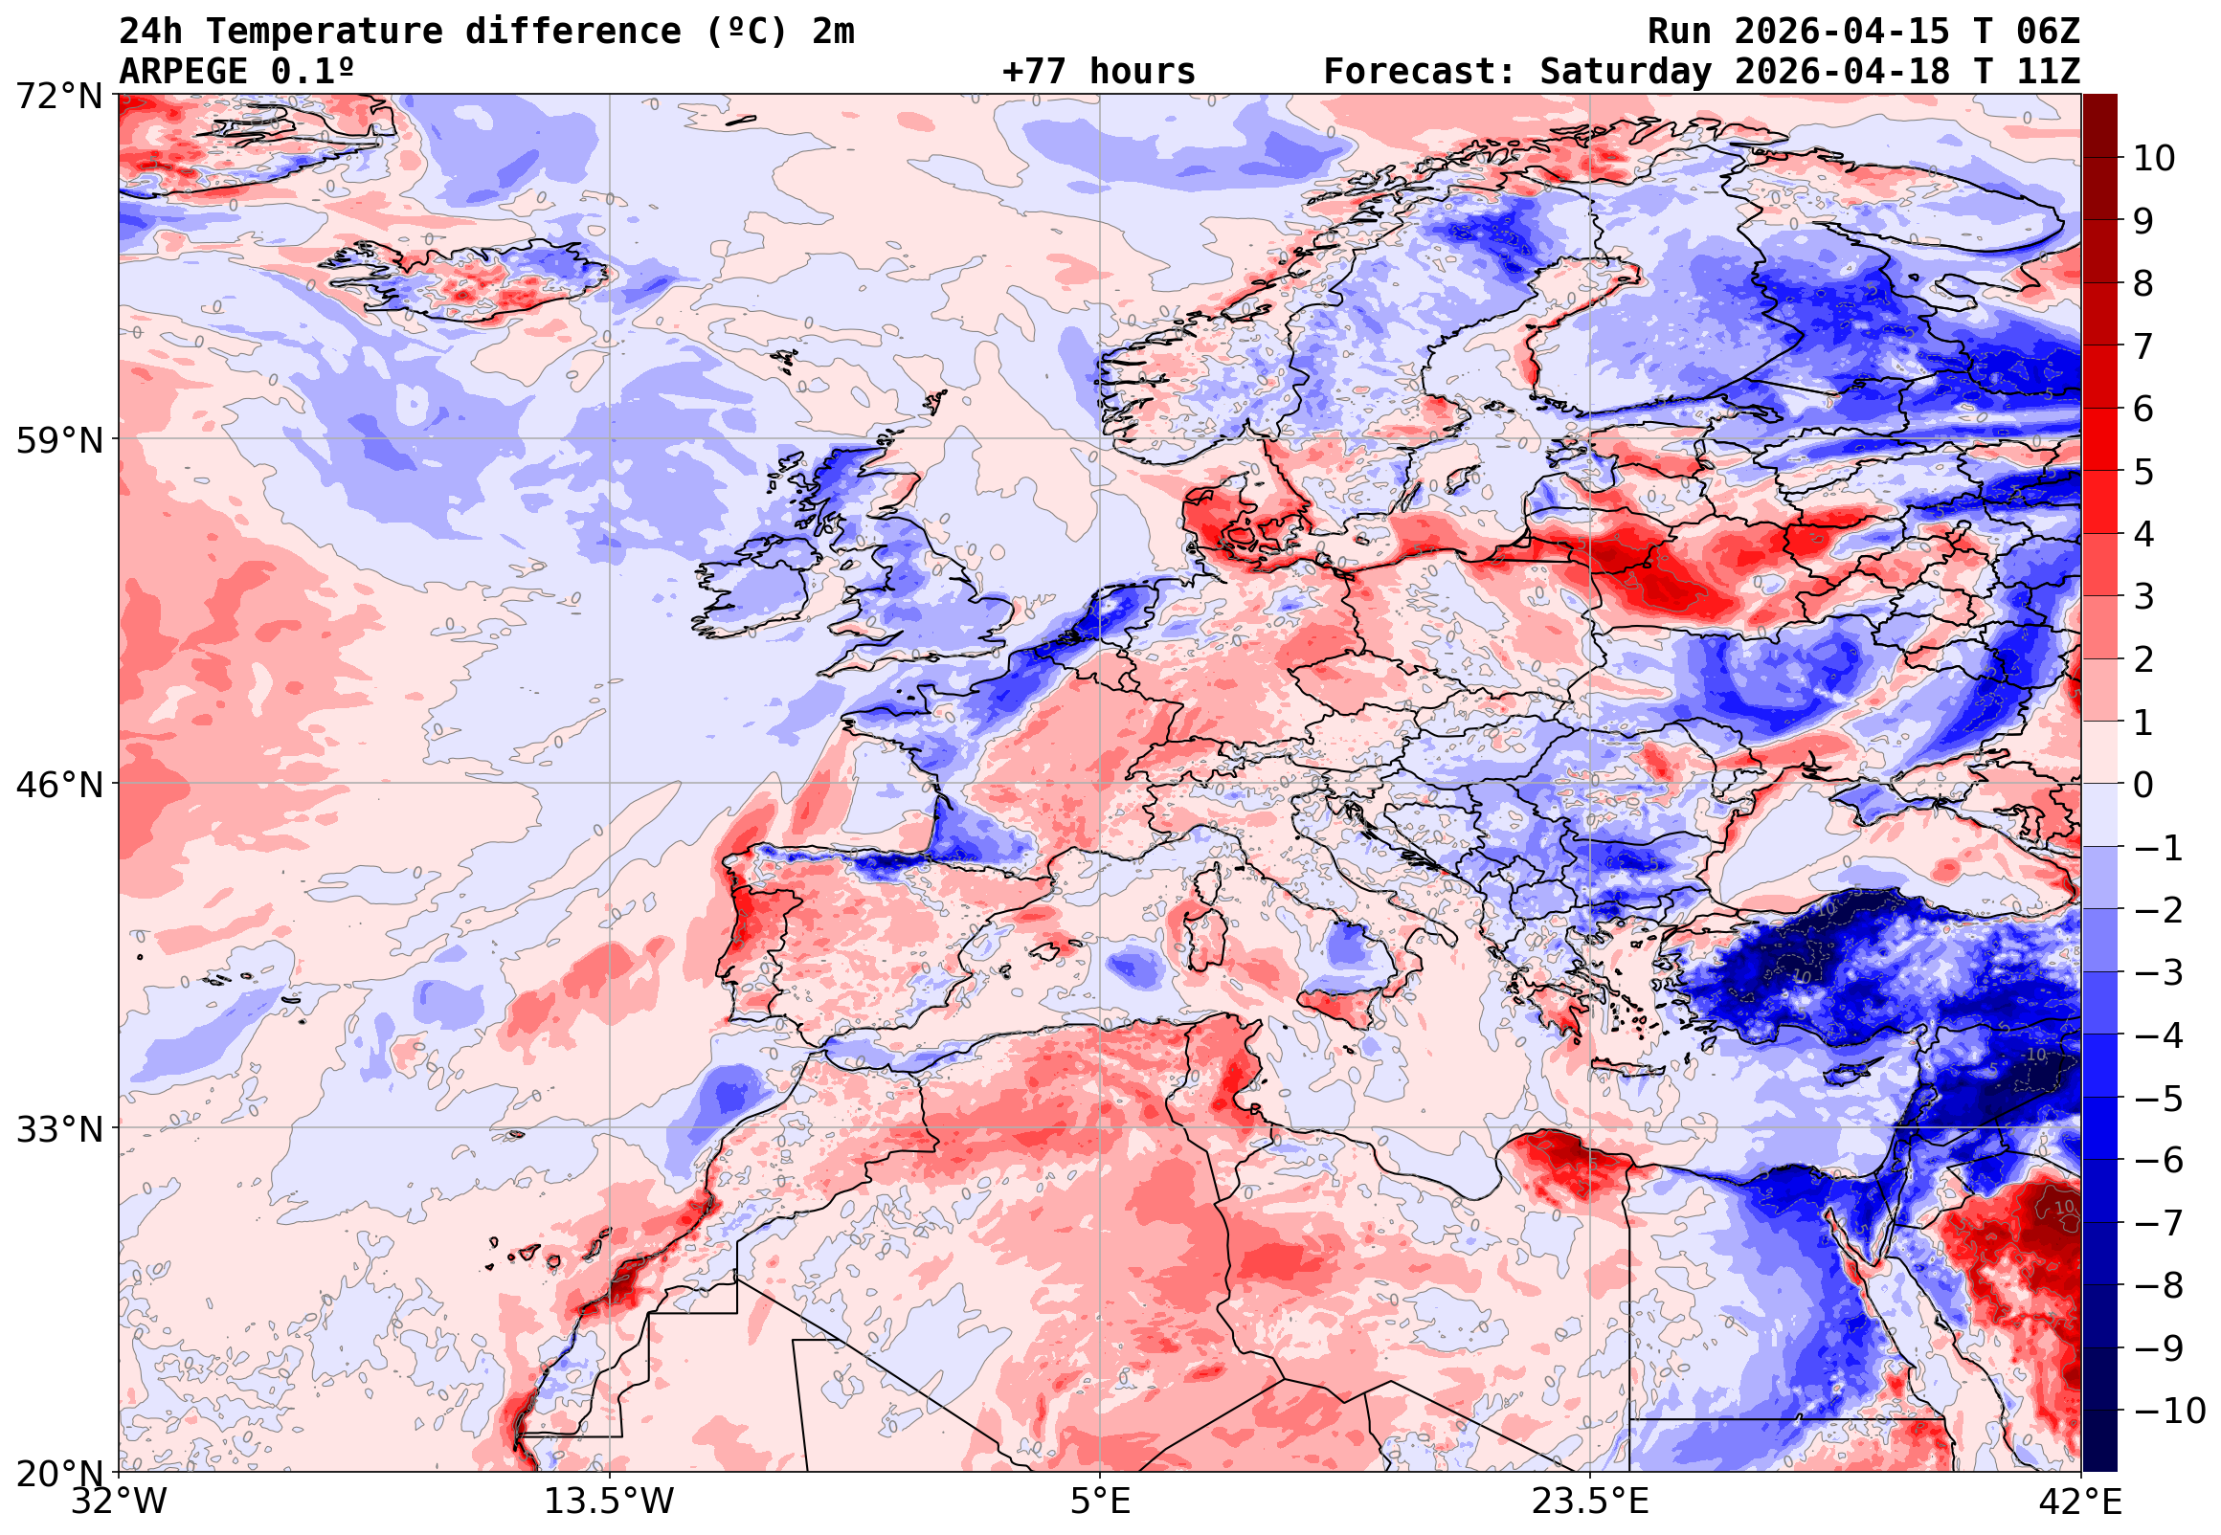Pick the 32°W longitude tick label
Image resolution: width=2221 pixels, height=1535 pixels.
pos(120,1502)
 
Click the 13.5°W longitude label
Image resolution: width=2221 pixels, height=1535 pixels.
pos(610,1502)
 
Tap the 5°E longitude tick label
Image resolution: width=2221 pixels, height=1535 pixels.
pos(1100,1502)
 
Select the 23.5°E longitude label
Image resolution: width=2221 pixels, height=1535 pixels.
pos(1590,1502)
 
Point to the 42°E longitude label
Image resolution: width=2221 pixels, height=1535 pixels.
pos(2080,1502)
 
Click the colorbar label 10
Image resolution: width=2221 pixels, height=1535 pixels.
pos(2154,159)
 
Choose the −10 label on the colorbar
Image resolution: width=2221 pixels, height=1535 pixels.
pos(2169,1411)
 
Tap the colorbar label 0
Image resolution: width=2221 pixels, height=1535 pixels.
pos(2143,785)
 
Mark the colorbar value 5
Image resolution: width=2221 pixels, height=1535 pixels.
pos(2143,472)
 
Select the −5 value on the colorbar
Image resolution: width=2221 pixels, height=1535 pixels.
pos(2159,1099)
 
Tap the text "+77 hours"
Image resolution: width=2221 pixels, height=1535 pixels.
pos(1098,72)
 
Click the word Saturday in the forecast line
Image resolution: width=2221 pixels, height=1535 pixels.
pos(1626,72)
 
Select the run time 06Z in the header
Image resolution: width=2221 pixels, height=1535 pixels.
pos(2048,32)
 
